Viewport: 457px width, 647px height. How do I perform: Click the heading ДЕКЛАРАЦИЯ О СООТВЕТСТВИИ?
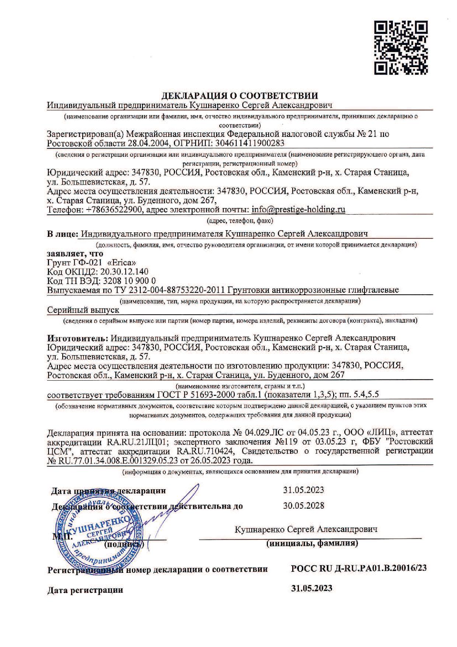pyautogui.click(x=240, y=96)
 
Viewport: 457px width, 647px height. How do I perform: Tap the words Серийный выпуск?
pyautogui.click(x=83, y=310)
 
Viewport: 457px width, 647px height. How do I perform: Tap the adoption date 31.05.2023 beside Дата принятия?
pyautogui.click(x=303, y=490)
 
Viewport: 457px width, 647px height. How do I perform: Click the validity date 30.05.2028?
pyautogui.click(x=303, y=505)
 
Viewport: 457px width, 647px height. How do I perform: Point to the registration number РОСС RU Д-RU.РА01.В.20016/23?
pyautogui.click(x=359, y=568)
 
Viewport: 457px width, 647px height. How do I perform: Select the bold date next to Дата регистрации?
pyautogui.click(x=311, y=588)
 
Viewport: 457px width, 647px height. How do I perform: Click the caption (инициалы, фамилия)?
pyautogui.click(x=312, y=543)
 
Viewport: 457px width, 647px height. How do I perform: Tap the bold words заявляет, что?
pyautogui.click(x=76, y=254)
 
